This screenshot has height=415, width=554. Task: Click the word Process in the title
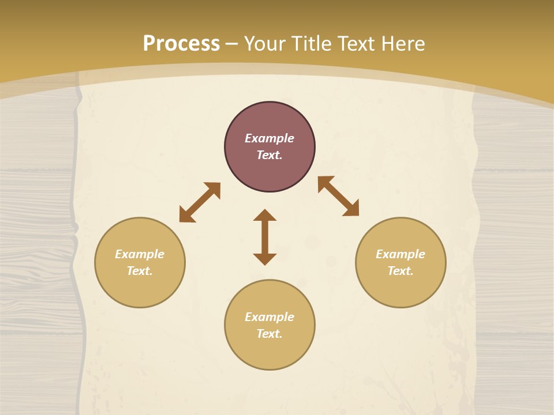(x=181, y=44)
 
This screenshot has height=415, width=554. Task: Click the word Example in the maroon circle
(x=269, y=138)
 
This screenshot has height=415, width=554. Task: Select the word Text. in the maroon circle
(x=269, y=155)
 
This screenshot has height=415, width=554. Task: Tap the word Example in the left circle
(x=140, y=254)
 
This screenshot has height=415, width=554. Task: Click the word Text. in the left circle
(x=140, y=271)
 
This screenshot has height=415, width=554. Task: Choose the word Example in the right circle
(x=400, y=254)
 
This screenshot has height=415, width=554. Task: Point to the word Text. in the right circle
(x=400, y=271)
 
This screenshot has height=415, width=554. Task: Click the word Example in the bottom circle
(x=269, y=317)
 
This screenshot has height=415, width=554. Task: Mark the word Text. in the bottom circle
(x=269, y=334)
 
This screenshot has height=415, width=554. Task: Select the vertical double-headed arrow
(x=265, y=237)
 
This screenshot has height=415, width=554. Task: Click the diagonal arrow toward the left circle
(x=200, y=202)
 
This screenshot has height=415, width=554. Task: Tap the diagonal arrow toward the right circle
(x=338, y=196)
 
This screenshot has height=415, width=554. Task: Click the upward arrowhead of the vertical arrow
(x=265, y=214)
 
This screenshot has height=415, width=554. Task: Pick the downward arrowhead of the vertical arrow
(x=265, y=259)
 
